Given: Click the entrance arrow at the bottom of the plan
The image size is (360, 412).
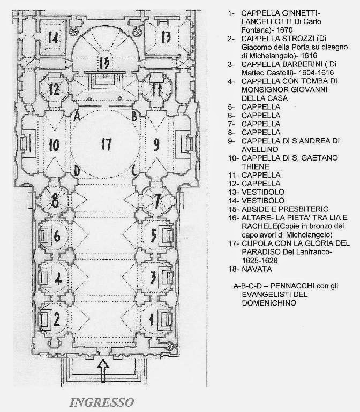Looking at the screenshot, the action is pos(103,371).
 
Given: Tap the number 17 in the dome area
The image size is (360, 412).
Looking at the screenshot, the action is pos(107,144).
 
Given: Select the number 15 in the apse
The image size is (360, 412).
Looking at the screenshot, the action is pos(104,63).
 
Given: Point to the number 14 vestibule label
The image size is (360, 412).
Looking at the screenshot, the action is pos(53,37).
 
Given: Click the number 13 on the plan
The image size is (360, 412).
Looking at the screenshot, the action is pos(166,37).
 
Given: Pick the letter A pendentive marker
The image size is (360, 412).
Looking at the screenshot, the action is pos(77,116).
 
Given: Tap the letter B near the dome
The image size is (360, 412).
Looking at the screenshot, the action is pos(134,116).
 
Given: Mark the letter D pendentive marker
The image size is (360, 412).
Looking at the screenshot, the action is pos(77,171).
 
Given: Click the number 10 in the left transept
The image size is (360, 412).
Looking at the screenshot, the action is pos(54,146).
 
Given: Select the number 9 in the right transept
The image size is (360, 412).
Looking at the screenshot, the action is pos(156,145).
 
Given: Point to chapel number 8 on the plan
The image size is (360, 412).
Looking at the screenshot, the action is pos(55,201).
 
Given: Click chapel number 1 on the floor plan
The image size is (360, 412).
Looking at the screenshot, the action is pos(151,320).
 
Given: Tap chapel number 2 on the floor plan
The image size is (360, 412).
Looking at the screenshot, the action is pos(57,319).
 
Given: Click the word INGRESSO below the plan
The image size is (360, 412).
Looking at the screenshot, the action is pos(102,402).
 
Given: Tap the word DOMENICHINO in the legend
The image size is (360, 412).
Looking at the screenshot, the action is pos(269,303).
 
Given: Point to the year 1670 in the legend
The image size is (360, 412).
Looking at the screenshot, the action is pos(284,30).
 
